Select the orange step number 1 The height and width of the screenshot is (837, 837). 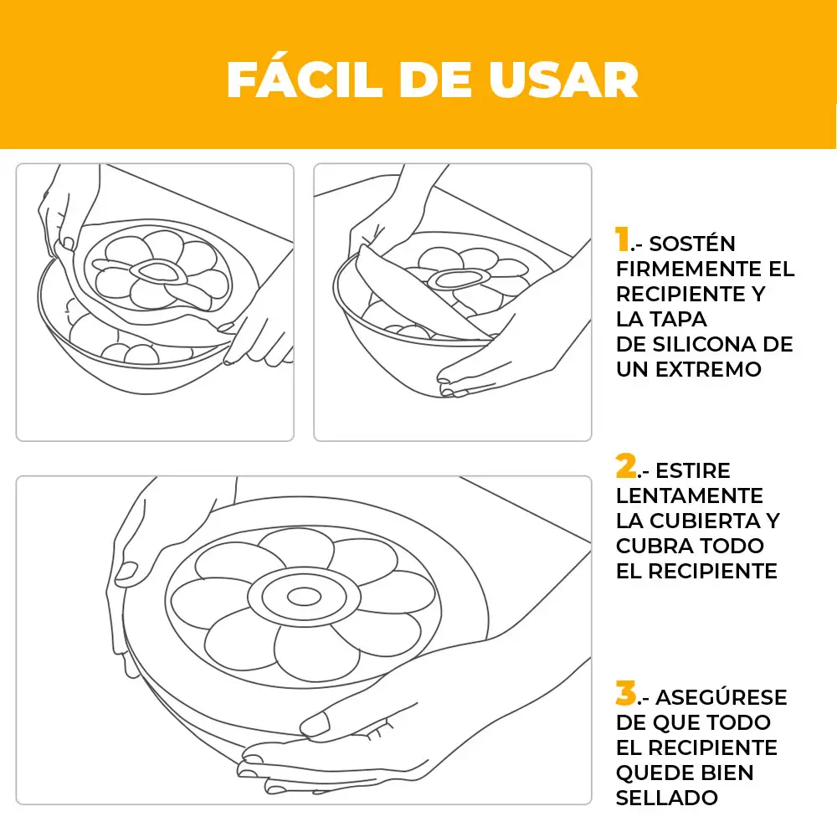point(622,240)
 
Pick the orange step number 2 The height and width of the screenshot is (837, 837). point(624,465)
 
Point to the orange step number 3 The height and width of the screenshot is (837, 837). point(625,693)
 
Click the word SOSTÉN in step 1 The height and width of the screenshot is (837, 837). point(692,244)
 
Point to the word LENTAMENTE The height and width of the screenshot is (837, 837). point(689,496)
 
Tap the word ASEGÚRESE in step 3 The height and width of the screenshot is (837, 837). point(721,697)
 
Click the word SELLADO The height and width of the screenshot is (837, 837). point(667,798)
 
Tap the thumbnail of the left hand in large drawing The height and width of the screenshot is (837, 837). point(126,573)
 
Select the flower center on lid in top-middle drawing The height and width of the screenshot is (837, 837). point(453,278)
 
